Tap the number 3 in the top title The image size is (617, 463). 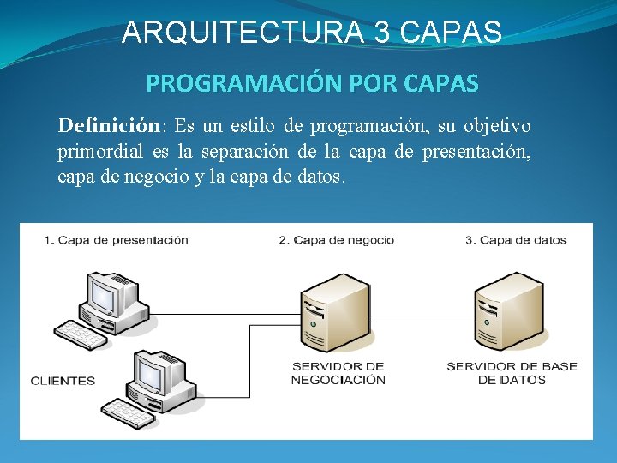pyautogui.click(x=384, y=32)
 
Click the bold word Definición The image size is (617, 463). pyautogui.click(x=109, y=126)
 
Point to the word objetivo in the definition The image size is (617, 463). pyautogui.click(x=497, y=126)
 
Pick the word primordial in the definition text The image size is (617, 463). pyautogui.click(x=100, y=153)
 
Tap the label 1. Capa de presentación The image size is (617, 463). pyautogui.click(x=116, y=240)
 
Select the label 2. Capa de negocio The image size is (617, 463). pyautogui.click(x=337, y=240)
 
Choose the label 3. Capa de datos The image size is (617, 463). pyautogui.click(x=516, y=240)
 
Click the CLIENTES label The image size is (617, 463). pyautogui.click(x=63, y=381)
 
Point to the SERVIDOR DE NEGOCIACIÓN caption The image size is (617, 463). pyautogui.click(x=338, y=373)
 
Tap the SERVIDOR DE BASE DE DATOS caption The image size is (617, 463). pyautogui.click(x=512, y=373)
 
